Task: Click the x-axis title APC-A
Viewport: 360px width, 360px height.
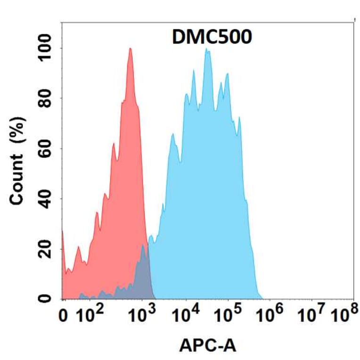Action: click(x=207, y=346)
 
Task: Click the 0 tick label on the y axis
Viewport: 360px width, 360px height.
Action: click(x=46, y=298)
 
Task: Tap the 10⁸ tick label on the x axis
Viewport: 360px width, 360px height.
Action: click(x=344, y=316)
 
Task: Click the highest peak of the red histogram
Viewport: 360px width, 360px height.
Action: click(x=130, y=49)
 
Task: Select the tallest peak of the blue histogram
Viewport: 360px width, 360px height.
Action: click(x=206, y=50)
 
